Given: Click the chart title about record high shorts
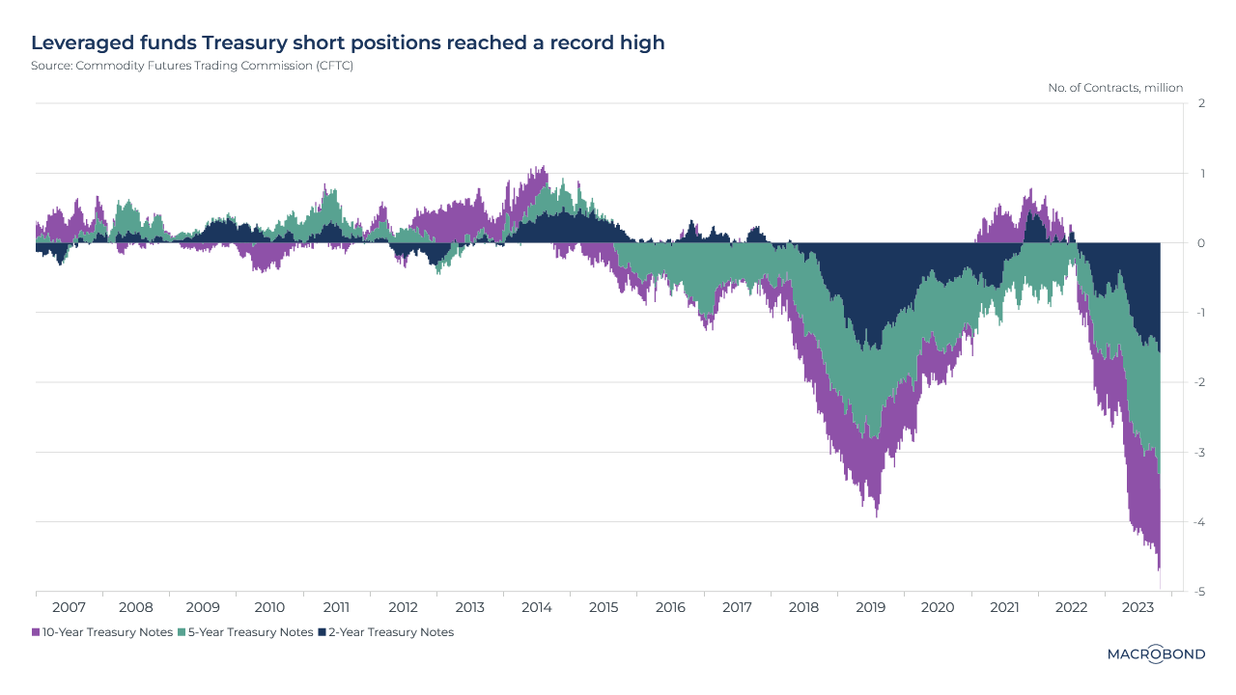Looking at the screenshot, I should point(348,43).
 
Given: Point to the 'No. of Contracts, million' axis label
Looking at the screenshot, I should point(1115,88).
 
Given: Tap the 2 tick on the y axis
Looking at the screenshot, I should point(1200,103).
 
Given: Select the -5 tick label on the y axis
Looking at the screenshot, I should point(1199,592).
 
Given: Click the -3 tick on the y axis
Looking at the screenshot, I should point(1199,452).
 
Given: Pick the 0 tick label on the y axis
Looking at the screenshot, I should point(1200,243).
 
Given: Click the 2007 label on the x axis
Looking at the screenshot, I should point(69,608).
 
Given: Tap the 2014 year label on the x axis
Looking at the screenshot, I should point(536,608).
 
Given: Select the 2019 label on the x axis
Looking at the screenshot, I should point(870,608).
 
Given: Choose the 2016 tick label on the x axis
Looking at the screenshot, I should point(670,608).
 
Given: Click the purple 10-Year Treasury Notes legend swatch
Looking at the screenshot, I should point(36,632).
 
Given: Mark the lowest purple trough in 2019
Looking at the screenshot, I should point(877,515).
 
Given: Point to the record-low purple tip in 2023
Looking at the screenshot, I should point(1159,570).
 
